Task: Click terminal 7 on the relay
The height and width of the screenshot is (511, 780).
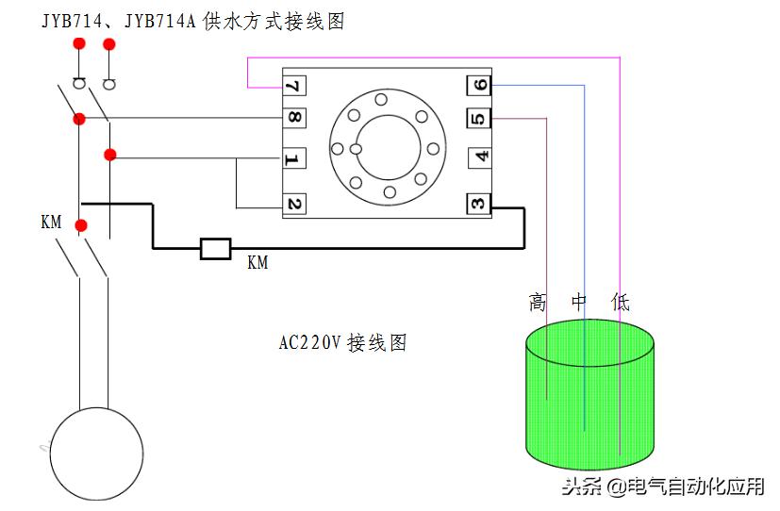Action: [x=294, y=86]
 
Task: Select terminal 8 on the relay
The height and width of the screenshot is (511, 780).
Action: [x=294, y=118]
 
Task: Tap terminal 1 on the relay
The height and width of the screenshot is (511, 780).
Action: [x=293, y=158]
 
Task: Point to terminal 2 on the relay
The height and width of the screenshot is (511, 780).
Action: [x=294, y=204]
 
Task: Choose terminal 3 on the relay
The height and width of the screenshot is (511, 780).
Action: [x=478, y=204]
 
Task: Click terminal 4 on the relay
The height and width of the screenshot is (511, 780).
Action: [x=480, y=157]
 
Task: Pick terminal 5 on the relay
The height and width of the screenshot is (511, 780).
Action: [x=478, y=118]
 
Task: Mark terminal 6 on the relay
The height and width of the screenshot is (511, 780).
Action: [x=478, y=85]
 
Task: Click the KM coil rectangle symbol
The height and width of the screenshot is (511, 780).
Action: [x=216, y=249]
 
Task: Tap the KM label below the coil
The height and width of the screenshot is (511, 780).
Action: [x=257, y=262]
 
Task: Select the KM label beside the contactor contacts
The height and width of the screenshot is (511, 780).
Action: [x=51, y=222]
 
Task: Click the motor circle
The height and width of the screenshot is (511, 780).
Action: [x=96, y=453]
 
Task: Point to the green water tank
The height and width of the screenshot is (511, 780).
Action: [x=590, y=394]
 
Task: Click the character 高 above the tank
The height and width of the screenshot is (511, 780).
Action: [x=538, y=302]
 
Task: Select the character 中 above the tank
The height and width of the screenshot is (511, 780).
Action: [x=579, y=302]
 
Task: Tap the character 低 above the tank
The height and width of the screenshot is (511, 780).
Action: [x=621, y=302]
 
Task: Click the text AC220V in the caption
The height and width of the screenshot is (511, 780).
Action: [x=310, y=342]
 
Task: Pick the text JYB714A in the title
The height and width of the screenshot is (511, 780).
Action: [x=160, y=22]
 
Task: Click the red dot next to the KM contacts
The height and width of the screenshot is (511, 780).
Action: [x=81, y=226]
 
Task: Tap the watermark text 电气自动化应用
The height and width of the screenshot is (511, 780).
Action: [x=695, y=486]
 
